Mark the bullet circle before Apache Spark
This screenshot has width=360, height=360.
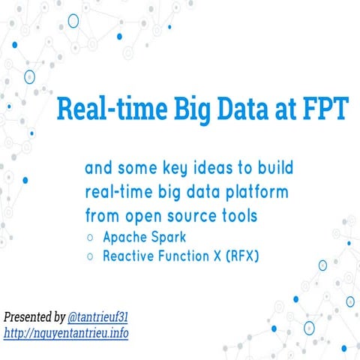(90, 238)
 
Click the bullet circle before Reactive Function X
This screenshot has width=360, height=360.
(90, 257)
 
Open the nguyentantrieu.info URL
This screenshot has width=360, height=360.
(66, 331)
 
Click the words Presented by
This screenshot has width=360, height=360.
(34, 316)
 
